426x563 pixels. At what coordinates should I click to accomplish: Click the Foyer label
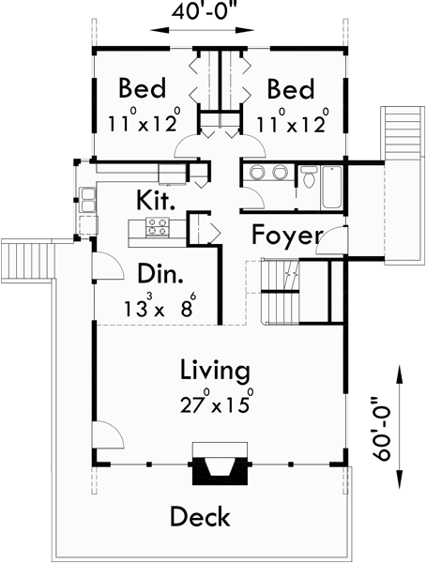pos(287,235)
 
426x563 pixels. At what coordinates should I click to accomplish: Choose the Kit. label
pos(156,199)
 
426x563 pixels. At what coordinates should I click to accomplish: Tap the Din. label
pos(159,273)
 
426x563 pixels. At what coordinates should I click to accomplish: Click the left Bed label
pos(143,89)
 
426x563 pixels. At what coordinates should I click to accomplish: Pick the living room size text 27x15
pos(215,406)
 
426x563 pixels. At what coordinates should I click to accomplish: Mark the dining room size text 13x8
pos(160,307)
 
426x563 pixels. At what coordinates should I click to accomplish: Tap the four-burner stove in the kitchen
pos(156,226)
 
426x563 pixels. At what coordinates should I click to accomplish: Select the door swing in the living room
pos(106,436)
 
